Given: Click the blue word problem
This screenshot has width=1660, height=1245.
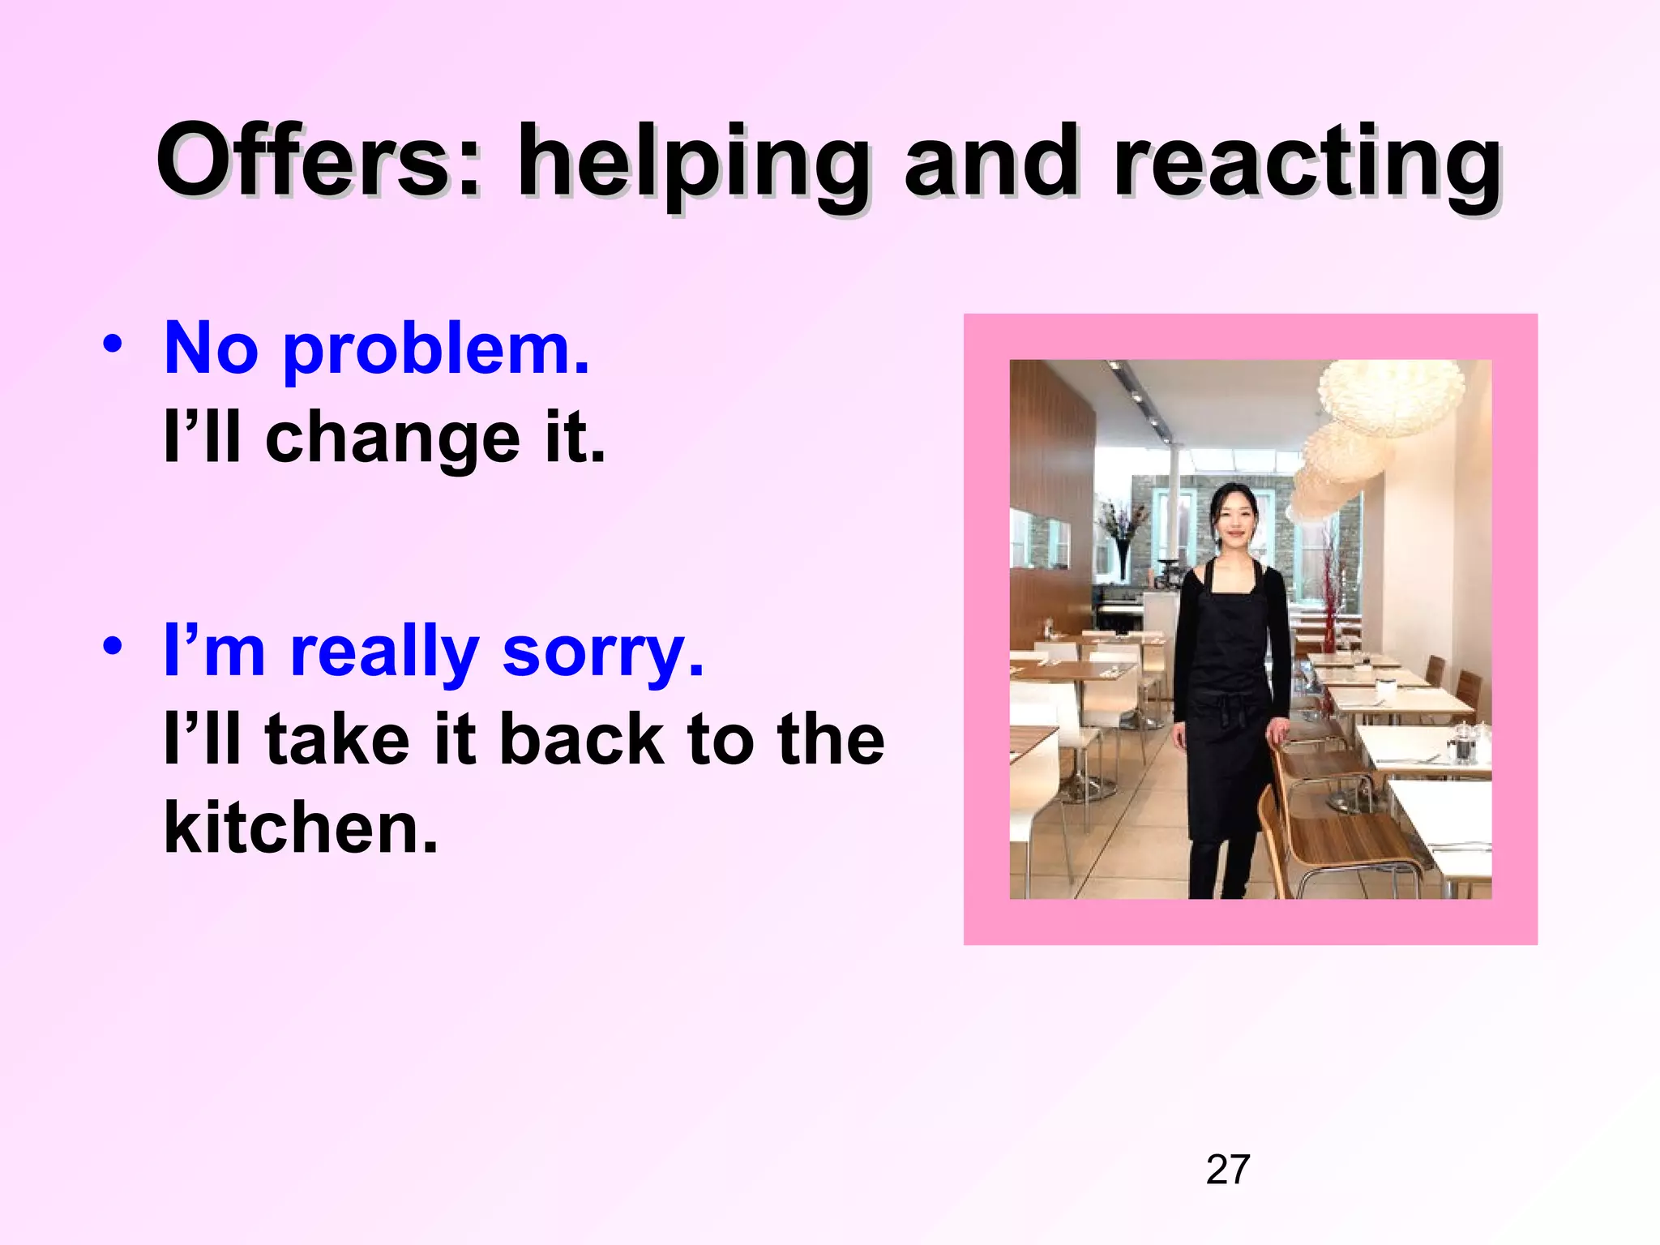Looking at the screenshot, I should click(435, 351).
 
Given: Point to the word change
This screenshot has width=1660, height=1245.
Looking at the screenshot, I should click(392, 439).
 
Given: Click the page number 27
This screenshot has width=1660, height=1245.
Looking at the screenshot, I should click(1227, 1170).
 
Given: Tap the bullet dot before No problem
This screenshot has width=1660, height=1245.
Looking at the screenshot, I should click(113, 344).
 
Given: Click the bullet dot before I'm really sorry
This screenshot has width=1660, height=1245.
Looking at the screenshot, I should click(113, 647).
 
